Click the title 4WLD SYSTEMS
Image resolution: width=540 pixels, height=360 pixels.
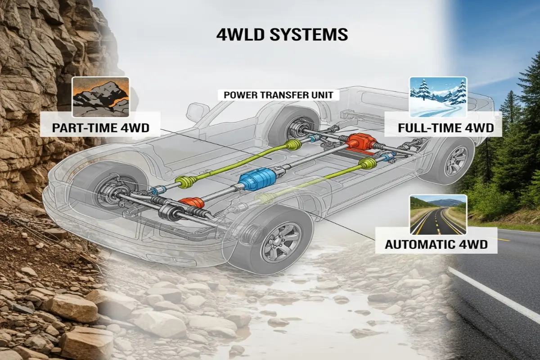[x=282, y=34]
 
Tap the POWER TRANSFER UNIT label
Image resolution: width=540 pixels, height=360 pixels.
[x=275, y=95]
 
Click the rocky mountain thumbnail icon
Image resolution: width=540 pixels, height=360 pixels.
[x=101, y=97]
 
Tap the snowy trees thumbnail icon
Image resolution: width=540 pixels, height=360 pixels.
[x=438, y=97]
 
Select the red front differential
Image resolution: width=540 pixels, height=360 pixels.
[x=191, y=205]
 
